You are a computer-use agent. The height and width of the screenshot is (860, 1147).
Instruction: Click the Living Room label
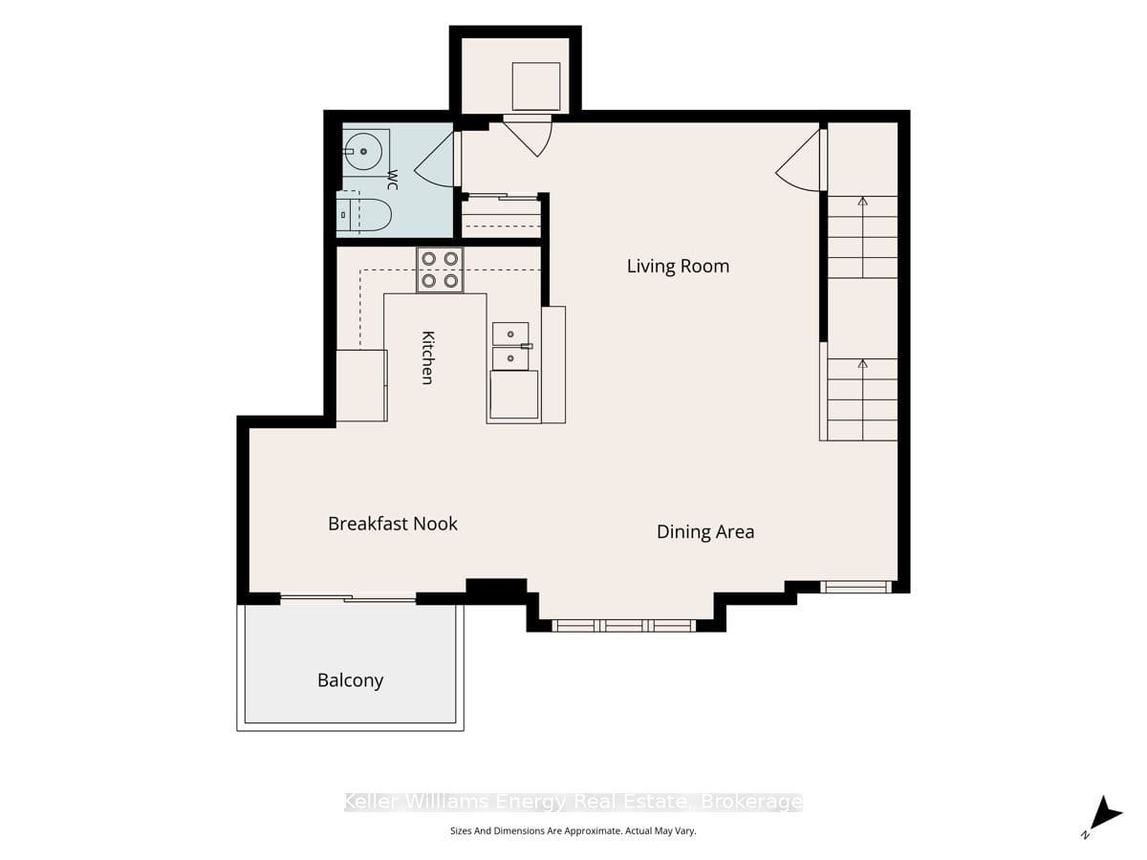point(678,267)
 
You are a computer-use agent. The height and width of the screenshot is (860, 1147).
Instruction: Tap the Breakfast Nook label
point(393,524)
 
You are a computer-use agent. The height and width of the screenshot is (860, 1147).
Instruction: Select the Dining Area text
point(705,532)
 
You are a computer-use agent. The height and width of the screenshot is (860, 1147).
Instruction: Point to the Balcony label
point(350,680)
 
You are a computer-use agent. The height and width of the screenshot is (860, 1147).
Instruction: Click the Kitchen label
point(428,357)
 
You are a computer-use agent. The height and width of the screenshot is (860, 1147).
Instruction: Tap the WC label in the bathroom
point(393,180)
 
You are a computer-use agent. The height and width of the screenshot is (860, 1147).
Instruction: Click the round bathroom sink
point(364,151)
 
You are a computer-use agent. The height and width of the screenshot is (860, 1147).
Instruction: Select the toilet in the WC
point(364,215)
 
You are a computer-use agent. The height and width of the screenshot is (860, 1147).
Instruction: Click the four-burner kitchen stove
point(440,270)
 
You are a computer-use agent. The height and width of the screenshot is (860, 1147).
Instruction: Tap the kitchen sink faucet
point(527,346)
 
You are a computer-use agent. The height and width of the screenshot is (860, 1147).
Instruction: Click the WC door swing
point(435,160)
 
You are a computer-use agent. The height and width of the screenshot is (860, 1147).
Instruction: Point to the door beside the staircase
point(798,161)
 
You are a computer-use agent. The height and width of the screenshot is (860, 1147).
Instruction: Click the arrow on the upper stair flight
point(863,238)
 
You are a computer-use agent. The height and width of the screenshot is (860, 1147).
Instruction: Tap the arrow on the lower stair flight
point(863,400)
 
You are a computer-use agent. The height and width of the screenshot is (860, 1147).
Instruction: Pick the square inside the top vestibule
point(536,87)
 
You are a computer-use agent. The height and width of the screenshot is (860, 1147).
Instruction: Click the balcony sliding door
point(348,598)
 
